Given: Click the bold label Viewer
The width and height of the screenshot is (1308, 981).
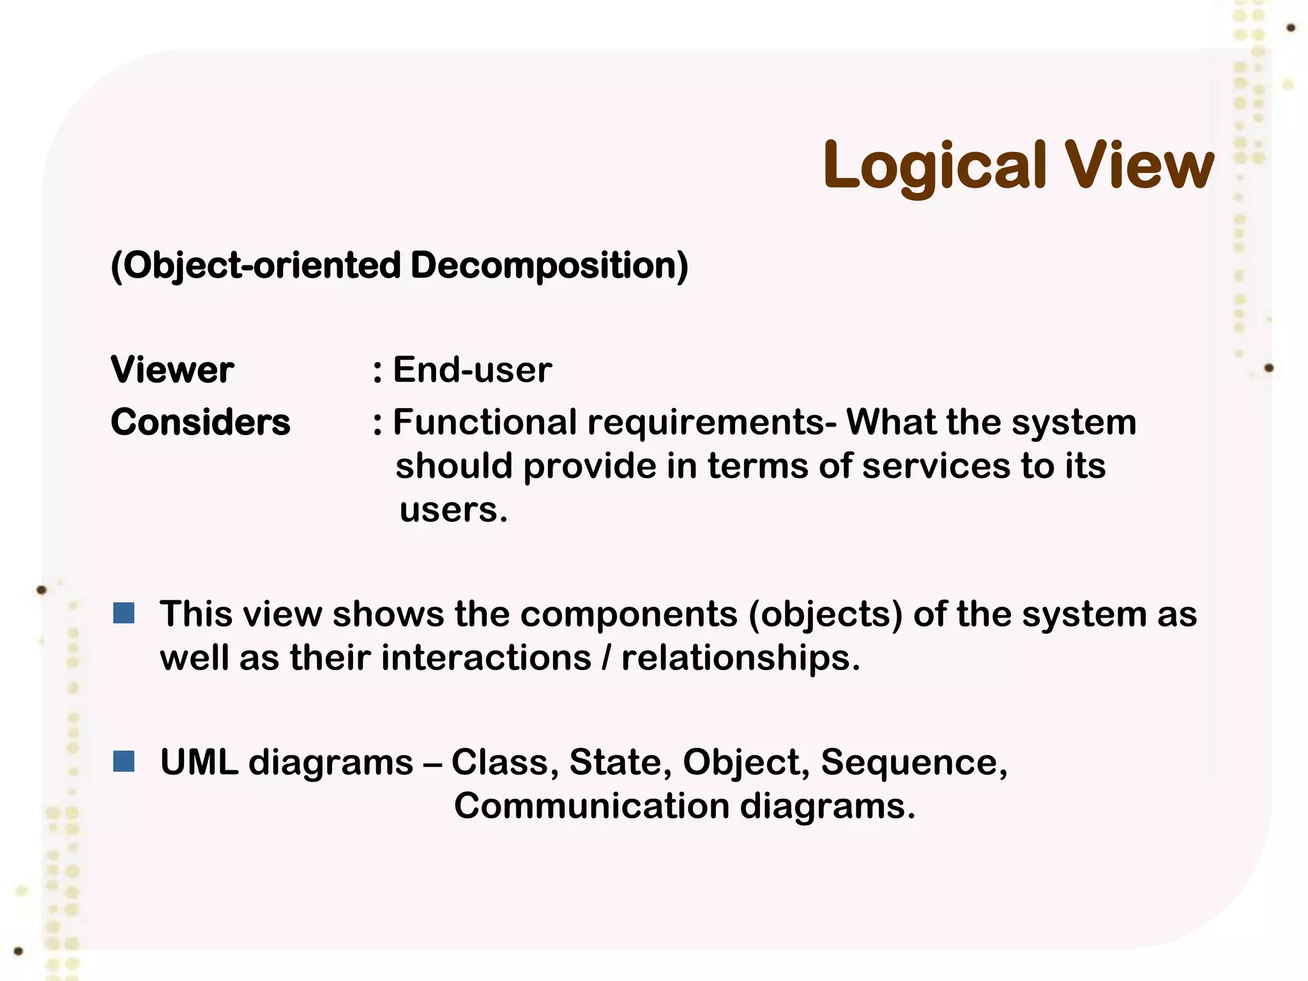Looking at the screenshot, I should pos(172,370).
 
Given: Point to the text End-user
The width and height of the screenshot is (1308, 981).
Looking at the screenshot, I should pos(472,370).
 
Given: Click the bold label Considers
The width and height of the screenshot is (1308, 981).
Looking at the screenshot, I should pos(201,422).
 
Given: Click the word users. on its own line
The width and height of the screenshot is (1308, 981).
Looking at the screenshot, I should pos(453,510).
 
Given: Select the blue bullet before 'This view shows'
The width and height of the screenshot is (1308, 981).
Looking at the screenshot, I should pos(124,613).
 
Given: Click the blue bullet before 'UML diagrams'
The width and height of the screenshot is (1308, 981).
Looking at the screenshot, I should pos(124,761).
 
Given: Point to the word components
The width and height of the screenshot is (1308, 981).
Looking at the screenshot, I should pos(628,614).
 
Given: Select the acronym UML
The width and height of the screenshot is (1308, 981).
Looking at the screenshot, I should pos(199,763).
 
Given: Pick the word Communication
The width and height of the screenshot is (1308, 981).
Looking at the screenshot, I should pos(591,806).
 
